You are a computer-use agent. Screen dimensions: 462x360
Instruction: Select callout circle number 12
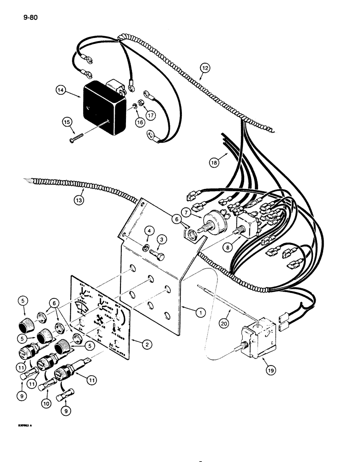click(205, 68)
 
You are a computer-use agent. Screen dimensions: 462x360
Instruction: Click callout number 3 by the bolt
click(162, 239)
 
